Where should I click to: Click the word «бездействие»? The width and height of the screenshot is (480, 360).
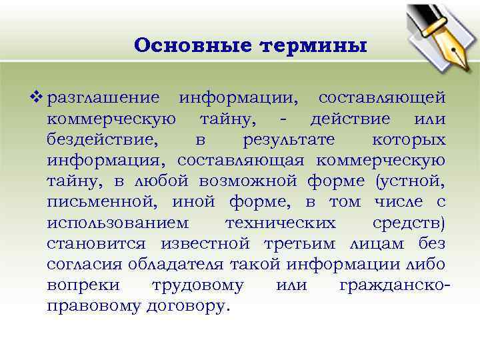(103, 139)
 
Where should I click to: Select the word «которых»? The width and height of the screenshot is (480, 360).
(409, 139)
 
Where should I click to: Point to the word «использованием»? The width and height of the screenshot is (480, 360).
(118, 222)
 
